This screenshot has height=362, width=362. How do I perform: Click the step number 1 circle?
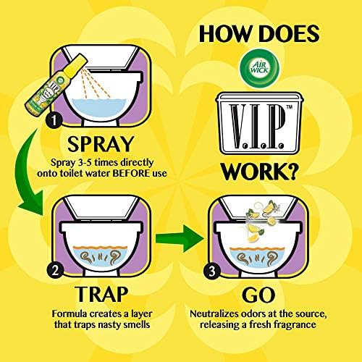(x=54, y=120)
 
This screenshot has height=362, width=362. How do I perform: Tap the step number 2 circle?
(x=55, y=270)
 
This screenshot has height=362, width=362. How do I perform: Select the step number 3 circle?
(x=212, y=271)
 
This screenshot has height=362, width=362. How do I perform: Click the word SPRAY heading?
(x=100, y=144)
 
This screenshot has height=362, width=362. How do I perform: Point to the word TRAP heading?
(x=101, y=294)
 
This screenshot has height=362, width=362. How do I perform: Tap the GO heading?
(x=258, y=295)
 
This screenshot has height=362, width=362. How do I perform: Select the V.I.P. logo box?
(x=258, y=123)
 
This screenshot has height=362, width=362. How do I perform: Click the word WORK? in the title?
(x=258, y=172)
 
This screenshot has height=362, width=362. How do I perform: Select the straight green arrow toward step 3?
(x=180, y=238)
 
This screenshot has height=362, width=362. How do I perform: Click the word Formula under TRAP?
(x=70, y=314)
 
